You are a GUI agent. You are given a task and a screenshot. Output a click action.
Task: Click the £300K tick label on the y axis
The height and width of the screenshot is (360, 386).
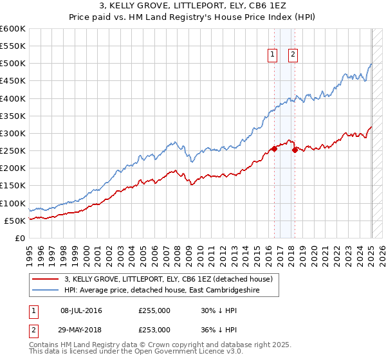pos(12,134)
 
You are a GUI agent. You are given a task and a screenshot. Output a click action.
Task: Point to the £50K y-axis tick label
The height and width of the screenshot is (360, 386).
pos(14,221)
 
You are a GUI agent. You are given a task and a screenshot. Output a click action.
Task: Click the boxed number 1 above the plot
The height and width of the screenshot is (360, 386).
pos(273,55)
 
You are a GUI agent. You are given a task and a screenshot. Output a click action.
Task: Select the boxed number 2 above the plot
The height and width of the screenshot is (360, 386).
pos(293,55)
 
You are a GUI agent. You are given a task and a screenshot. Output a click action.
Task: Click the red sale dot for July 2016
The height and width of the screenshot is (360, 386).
pos(274,148)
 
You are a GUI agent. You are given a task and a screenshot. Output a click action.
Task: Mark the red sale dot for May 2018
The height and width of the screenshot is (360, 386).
pos(295,150)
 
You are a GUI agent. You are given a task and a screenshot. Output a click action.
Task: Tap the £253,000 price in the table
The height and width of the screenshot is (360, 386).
pos(154,329)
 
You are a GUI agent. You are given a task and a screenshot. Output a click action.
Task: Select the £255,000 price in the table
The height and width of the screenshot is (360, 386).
pos(154,310)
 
